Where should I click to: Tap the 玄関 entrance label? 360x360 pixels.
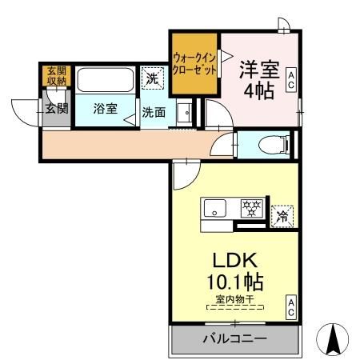pos(57,109)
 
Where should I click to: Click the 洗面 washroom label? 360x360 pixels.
pos(154,113)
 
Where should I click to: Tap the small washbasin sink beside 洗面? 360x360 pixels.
pos(184,113)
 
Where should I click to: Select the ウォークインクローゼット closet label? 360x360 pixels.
pos(194,63)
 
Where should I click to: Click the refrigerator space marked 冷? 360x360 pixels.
pos(282,214)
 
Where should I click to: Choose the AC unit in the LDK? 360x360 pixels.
pos(291,306)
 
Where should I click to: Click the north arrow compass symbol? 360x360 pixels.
pos(334,339)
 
